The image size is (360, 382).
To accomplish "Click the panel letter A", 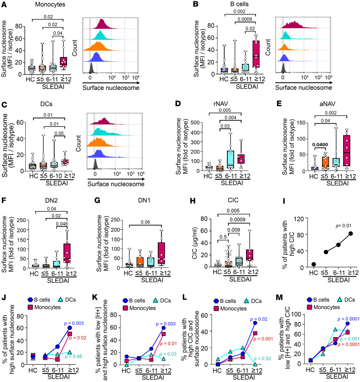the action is pyautogui.click(x=4, y=5).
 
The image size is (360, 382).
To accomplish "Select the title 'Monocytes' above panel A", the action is pyautogui.click(x=50, y=4).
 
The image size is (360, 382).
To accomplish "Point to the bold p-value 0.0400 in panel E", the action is pyautogui.click(x=320, y=145).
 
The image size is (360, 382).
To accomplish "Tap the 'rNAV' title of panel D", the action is pyautogui.click(x=220, y=104).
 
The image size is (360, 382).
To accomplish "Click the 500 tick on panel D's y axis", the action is pyautogui.click(x=195, y=122).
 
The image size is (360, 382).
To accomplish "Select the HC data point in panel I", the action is pyautogui.click(x=314, y=264).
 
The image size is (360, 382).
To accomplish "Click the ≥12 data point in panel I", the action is pyautogui.click(x=351, y=234).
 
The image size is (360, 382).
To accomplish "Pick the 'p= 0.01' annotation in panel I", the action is pyautogui.click(x=344, y=226).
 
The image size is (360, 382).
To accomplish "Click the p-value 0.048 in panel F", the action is pyautogui.click(x=62, y=224).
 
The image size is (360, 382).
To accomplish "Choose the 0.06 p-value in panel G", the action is pyautogui.click(x=145, y=222).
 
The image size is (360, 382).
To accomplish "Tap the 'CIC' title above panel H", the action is pyautogui.click(x=233, y=200).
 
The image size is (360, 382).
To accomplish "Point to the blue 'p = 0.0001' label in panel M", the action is pyautogui.click(x=348, y=319).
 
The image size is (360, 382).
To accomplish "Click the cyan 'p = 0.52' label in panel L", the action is pyautogui.click(x=262, y=359).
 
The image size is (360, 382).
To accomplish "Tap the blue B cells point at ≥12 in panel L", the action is pyautogui.click(x=255, y=323).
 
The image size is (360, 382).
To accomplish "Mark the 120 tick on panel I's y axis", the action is pyautogui.click(x=299, y=219).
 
